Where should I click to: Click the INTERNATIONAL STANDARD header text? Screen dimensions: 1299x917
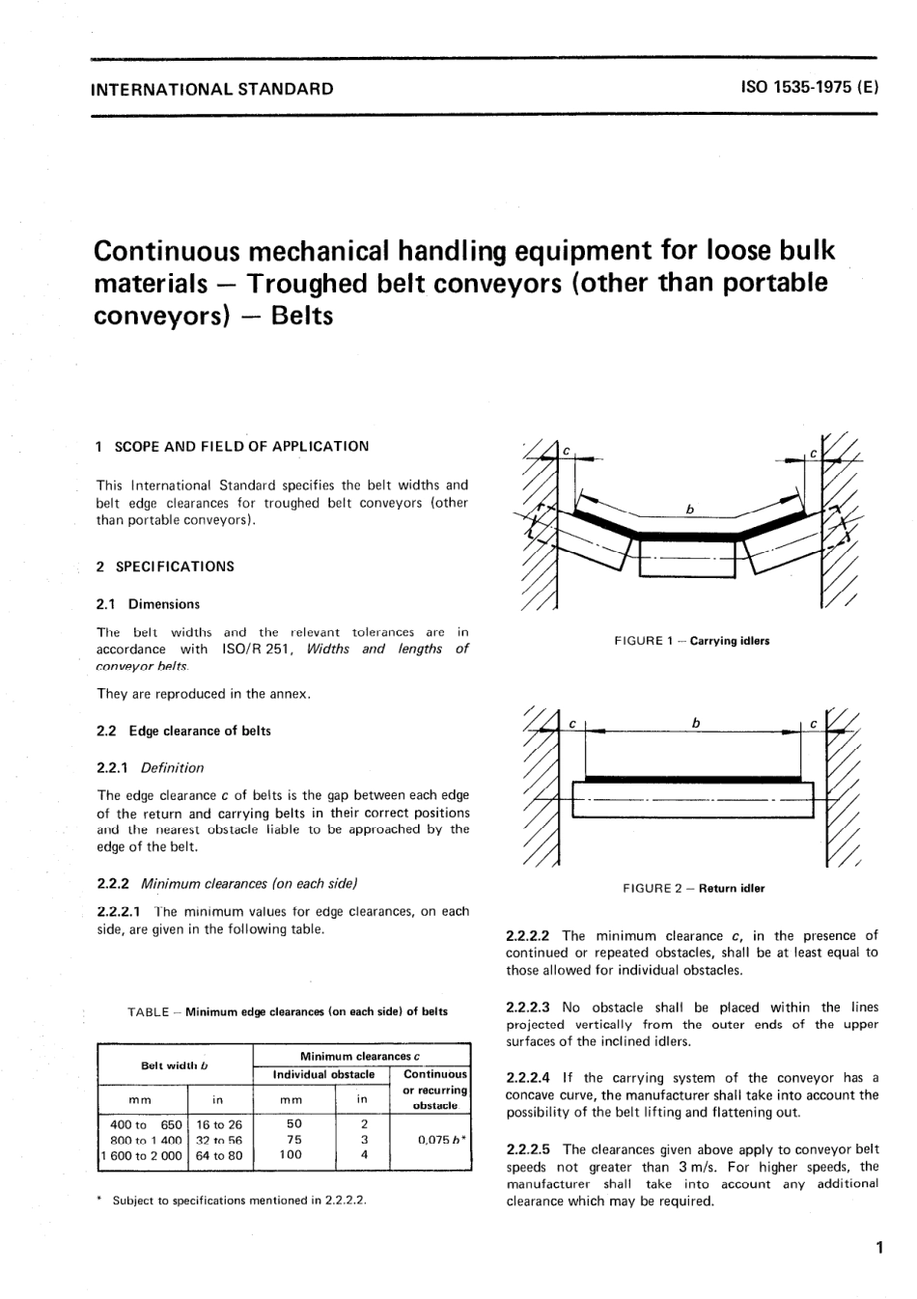(x=211, y=89)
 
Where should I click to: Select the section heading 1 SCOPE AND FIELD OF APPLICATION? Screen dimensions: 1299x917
(x=233, y=446)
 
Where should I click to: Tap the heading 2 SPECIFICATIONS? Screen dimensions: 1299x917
(x=165, y=567)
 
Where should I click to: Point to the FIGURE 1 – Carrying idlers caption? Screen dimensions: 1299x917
(x=691, y=641)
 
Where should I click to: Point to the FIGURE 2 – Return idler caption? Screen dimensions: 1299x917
(x=693, y=889)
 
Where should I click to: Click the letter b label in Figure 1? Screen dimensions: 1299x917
(x=689, y=509)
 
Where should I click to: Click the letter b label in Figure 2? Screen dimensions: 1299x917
(x=695, y=722)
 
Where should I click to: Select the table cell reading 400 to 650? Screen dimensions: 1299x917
(x=146, y=1124)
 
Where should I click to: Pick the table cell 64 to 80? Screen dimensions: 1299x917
(x=219, y=1155)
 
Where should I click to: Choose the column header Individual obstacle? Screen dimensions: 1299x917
(x=323, y=1074)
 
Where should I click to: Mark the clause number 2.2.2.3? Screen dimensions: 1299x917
(x=528, y=1008)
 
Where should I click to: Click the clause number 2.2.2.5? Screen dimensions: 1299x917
(x=528, y=1149)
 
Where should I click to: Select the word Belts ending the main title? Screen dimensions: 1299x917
(x=302, y=316)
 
